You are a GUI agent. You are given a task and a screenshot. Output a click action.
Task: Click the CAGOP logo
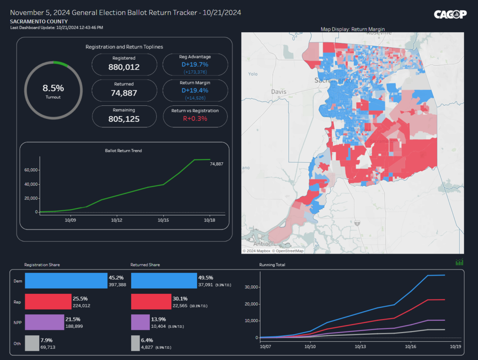point(450,14)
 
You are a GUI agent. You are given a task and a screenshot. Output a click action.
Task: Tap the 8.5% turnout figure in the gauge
point(53,88)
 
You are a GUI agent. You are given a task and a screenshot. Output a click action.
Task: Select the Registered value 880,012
point(124,67)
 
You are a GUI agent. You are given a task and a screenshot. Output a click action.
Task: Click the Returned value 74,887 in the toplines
point(124,93)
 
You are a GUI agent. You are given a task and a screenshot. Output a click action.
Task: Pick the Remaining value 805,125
point(124,119)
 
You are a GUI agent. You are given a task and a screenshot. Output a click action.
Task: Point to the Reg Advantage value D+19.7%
point(196,64)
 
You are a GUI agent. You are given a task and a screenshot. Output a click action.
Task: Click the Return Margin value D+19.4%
point(196,90)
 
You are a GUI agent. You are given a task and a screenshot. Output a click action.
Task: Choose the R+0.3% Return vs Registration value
point(196,118)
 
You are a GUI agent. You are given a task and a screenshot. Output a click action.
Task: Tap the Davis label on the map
point(279,92)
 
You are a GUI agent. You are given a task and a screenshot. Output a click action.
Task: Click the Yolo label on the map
point(253,74)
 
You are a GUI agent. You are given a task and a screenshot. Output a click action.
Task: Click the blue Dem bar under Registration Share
point(66,281)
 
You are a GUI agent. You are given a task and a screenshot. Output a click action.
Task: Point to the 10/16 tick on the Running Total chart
point(411,347)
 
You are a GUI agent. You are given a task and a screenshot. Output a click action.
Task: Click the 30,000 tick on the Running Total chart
point(251,287)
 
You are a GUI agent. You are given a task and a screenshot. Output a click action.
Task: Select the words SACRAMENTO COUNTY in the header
point(39,21)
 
